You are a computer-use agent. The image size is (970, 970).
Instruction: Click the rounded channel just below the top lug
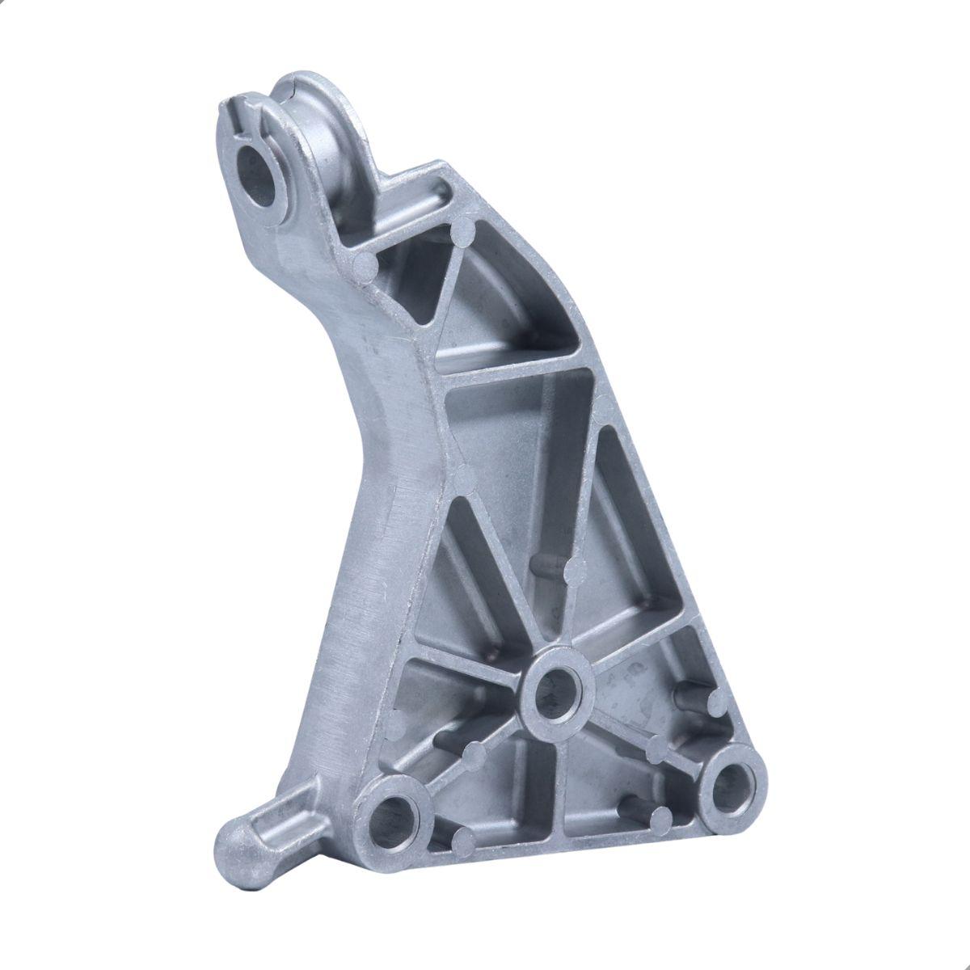pyautogui.click(x=420, y=198)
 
